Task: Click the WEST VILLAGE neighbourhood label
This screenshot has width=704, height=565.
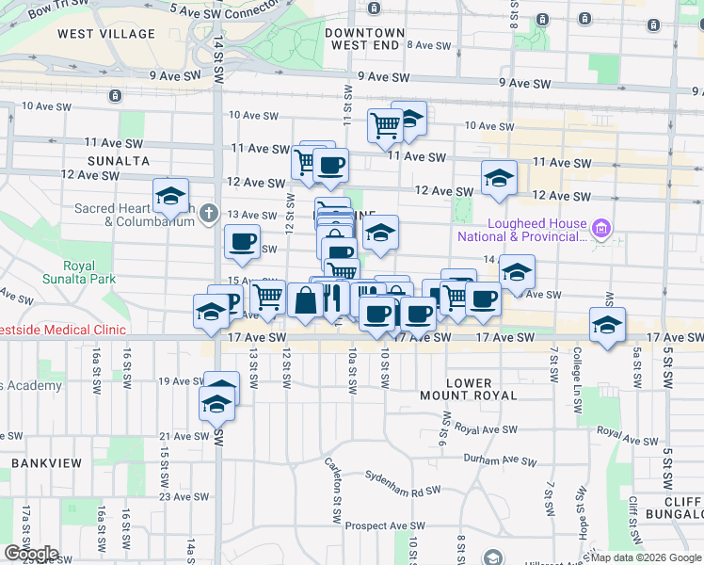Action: tap(105, 34)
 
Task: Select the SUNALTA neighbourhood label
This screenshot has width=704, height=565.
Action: tap(119, 161)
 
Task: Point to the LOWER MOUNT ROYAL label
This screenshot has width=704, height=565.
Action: tap(469, 389)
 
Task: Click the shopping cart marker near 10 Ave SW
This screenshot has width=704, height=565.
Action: tap(385, 124)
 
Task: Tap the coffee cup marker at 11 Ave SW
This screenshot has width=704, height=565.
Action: tap(330, 166)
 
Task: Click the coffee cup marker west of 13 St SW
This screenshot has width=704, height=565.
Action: tap(242, 241)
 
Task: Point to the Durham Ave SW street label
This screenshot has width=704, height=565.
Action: tap(497, 459)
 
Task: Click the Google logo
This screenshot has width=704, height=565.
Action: tap(31, 553)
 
